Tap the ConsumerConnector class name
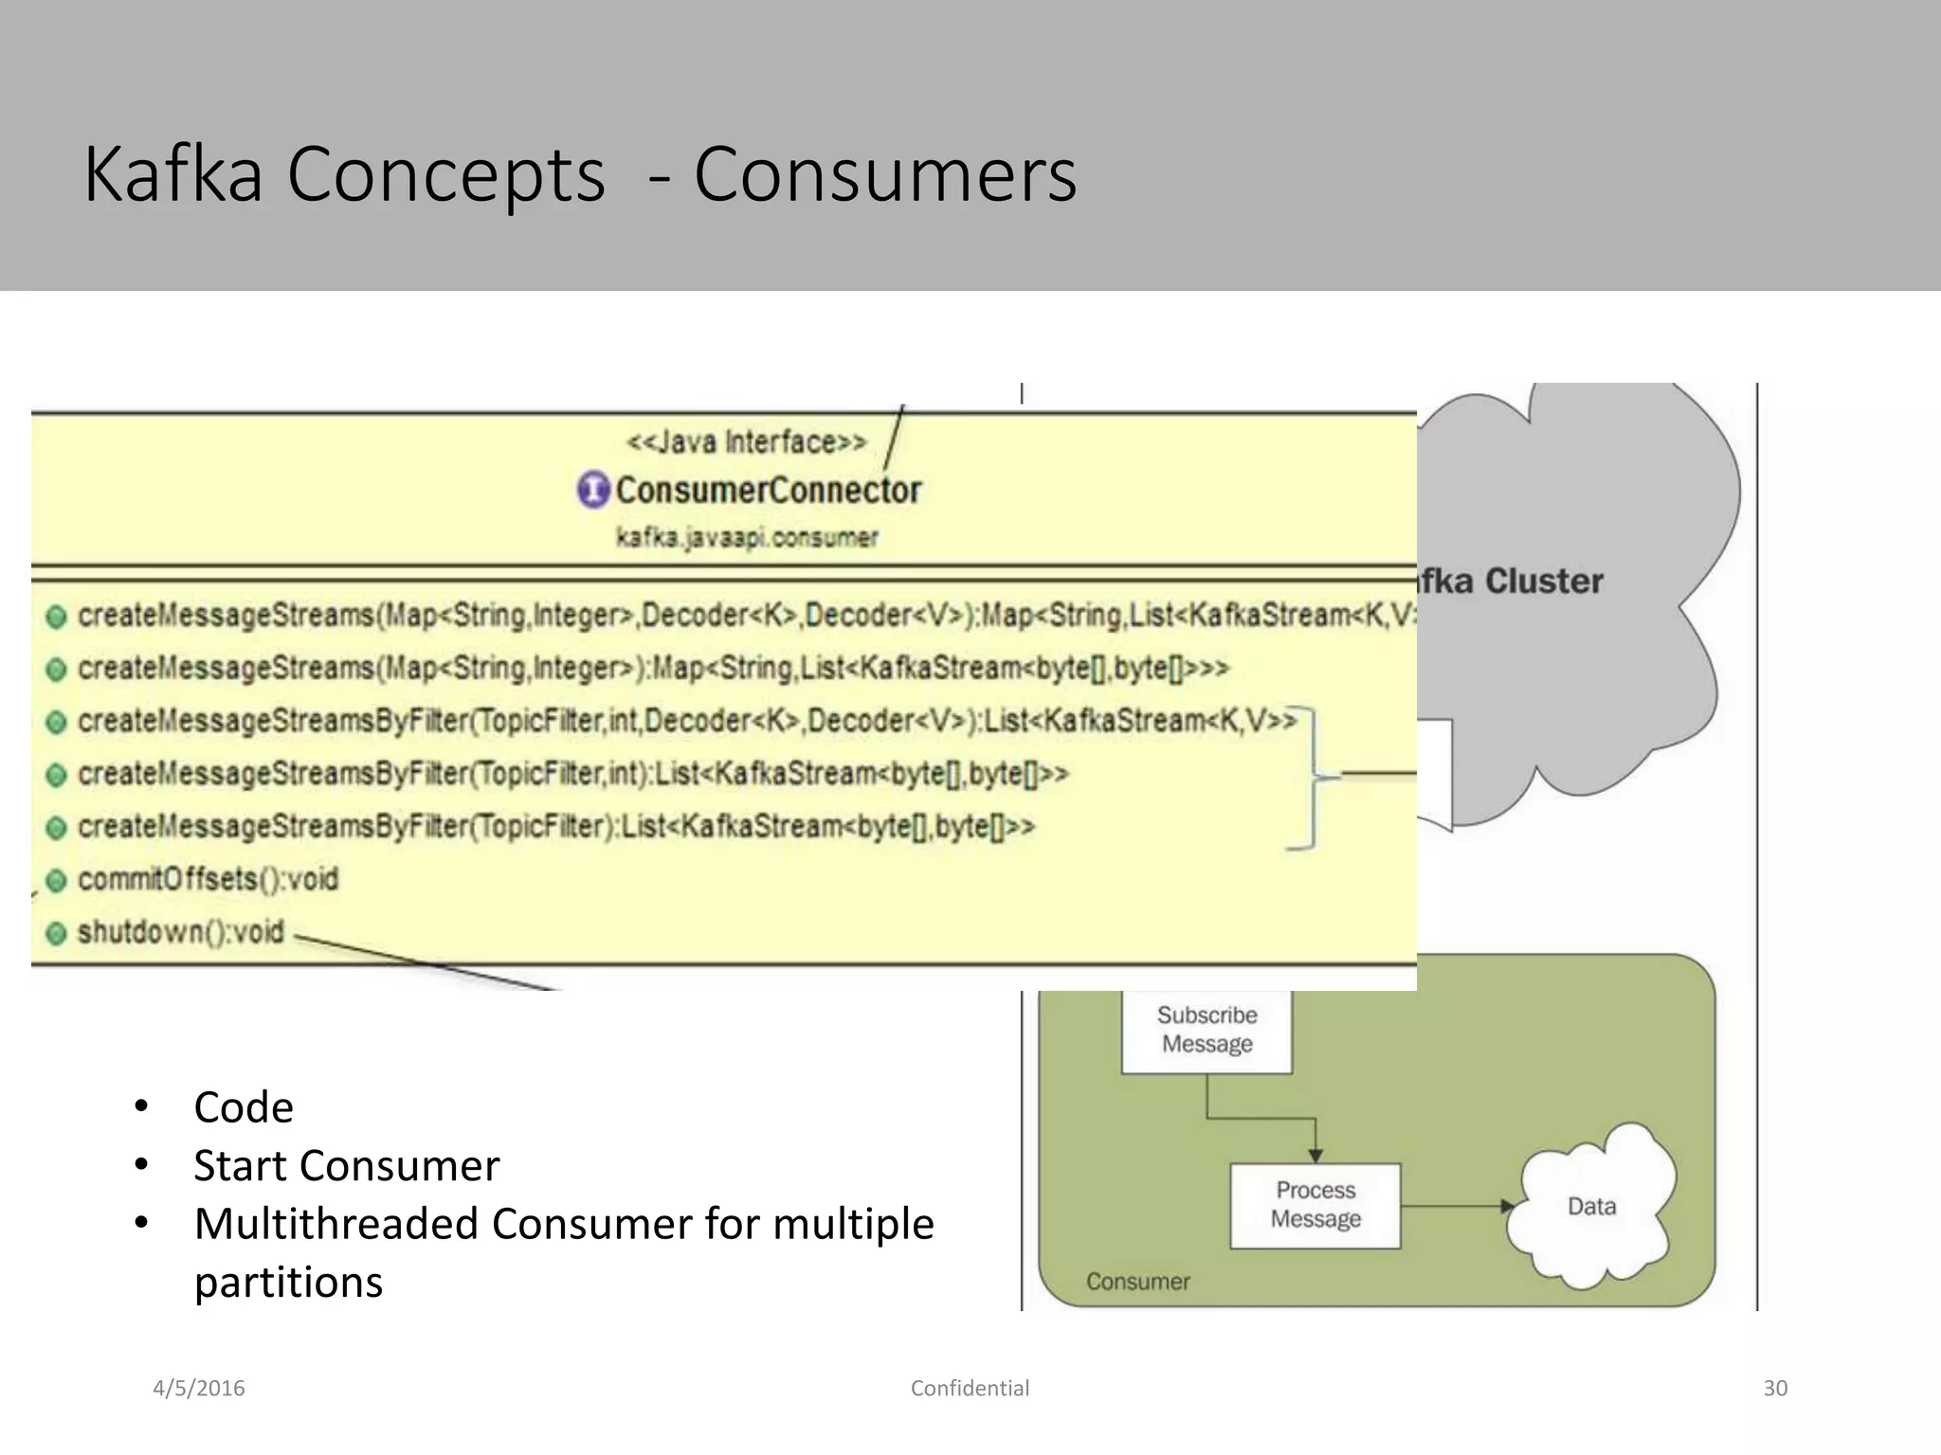tap(768, 491)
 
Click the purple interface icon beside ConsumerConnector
tap(593, 490)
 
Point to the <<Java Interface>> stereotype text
tap(746, 442)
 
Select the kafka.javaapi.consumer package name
tap(747, 538)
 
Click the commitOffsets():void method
tap(208, 880)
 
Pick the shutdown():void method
tap(180, 932)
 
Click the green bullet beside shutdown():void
tap(57, 934)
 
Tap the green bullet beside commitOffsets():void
tap(57, 881)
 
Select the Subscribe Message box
tap(1206, 1030)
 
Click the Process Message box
tap(1315, 1205)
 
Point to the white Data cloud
tap(1592, 1206)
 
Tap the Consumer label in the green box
tap(1137, 1282)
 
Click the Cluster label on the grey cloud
tap(1544, 581)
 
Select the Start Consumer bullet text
tap(346, 1165)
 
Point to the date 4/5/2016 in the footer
tap(199, 1388)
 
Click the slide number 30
tap(1775, 1388)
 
